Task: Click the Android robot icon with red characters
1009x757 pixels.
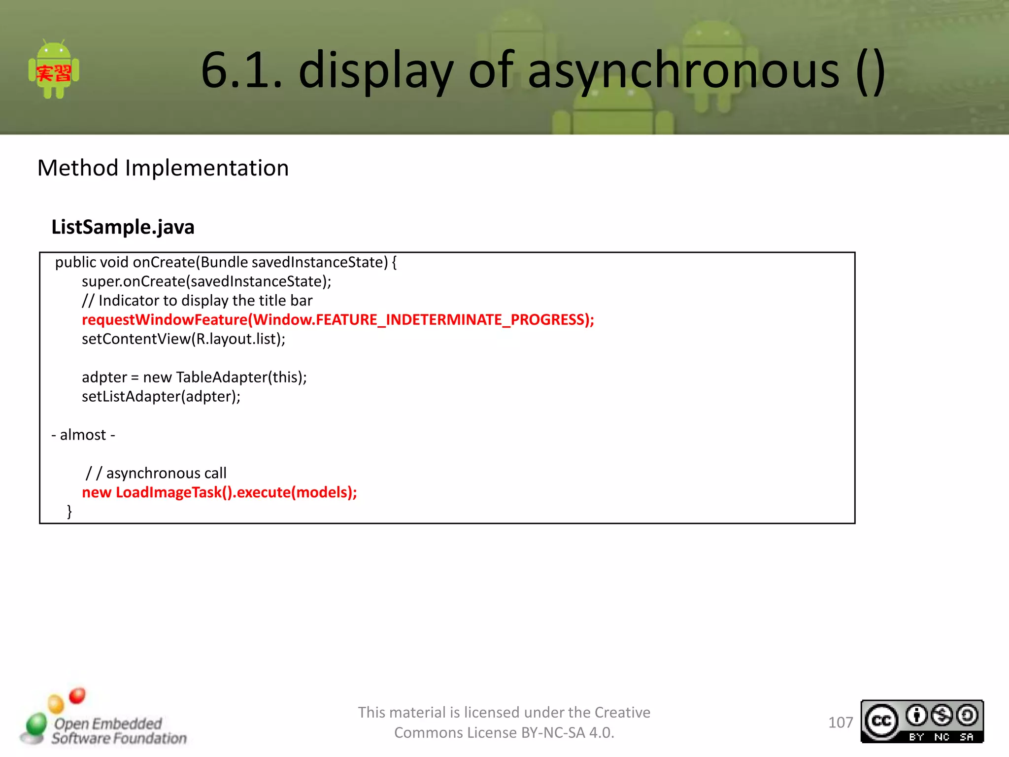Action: coord(54,70)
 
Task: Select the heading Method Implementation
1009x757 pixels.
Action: coord(163,168)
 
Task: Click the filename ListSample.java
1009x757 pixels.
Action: coord(123,227)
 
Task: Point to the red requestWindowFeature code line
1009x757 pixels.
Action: coord(338,320)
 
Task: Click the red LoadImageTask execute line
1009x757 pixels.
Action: coord(219,492)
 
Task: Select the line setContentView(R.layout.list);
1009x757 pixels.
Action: coord(183,339)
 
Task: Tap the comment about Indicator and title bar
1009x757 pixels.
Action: coord(197,301)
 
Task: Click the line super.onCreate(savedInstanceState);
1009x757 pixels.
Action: coord(206,281)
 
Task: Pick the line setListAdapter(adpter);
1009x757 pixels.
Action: coord(161,397)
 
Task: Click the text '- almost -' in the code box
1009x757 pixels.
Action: coord(83,435)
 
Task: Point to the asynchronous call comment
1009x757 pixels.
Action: coord(156,473)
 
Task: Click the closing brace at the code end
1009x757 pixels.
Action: coord(69,511)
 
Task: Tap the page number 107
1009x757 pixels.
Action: coord(840,723)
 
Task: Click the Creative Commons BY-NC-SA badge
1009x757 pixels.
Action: coord(922,722)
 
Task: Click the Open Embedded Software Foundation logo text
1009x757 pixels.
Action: coord(118,731)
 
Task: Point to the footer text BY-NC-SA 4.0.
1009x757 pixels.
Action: coord(568,733)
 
